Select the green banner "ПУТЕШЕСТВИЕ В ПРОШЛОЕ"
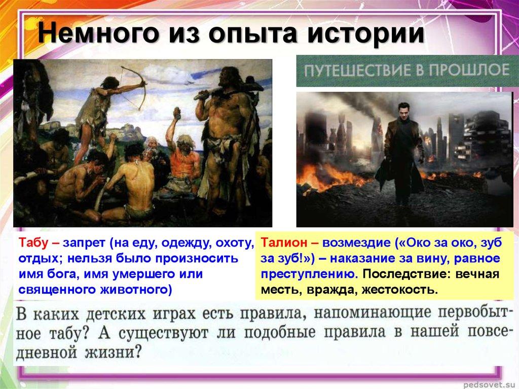(x=404, y=70)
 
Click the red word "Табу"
(x=34, y=244)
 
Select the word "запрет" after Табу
(x=83, y=244)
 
